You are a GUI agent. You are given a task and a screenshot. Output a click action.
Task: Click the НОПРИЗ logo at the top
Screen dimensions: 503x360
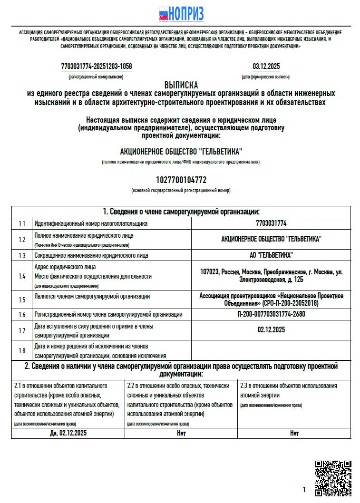[x=181, y=14]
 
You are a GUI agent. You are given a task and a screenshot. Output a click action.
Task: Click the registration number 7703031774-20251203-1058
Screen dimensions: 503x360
[x=97, y=67]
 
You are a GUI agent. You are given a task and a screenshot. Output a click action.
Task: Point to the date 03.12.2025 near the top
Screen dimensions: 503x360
[x=266, y=67]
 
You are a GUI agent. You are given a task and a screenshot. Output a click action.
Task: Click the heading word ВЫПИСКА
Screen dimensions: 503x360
[x=181, y=85]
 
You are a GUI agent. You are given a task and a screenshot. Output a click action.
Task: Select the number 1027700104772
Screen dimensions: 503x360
[x=181, y=180]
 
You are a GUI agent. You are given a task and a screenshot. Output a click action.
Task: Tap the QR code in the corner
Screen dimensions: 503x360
[x=333, y=477]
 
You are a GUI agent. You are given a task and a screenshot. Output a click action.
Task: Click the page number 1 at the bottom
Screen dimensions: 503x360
[x=304, y=489]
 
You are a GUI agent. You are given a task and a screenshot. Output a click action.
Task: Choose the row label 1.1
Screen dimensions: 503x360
[x=22, y=223]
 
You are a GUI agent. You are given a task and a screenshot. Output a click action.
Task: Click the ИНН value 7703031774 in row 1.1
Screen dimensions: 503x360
[x=271, y=223]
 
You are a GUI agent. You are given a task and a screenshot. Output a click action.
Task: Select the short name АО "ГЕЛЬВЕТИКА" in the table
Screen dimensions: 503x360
[x=271, y=255]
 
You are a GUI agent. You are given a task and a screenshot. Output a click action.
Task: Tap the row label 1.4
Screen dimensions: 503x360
[x=22, y=276]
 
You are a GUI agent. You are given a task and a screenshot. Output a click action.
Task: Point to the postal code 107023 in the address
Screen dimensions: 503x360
[x=209, y=272]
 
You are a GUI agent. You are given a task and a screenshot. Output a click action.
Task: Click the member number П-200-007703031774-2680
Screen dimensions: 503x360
[x=271, y=314]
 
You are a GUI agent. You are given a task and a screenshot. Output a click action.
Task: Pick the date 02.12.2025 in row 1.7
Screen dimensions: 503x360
[x=271, y=330]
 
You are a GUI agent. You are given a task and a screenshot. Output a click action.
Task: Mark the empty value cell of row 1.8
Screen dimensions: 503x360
[x=271, y=350]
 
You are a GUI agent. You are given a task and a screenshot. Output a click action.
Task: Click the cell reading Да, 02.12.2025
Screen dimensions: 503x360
[x=68, y=433]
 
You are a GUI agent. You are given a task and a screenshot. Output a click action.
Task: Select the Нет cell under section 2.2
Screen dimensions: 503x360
[x=181, y=433]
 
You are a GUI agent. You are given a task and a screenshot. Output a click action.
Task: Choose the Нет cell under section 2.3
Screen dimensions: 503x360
[x=294, y=433]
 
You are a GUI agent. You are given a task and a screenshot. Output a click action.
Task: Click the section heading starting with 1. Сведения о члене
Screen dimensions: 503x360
[x=181, y=212]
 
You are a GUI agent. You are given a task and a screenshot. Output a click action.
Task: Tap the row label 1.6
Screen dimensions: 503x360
[x=22, y=314]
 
